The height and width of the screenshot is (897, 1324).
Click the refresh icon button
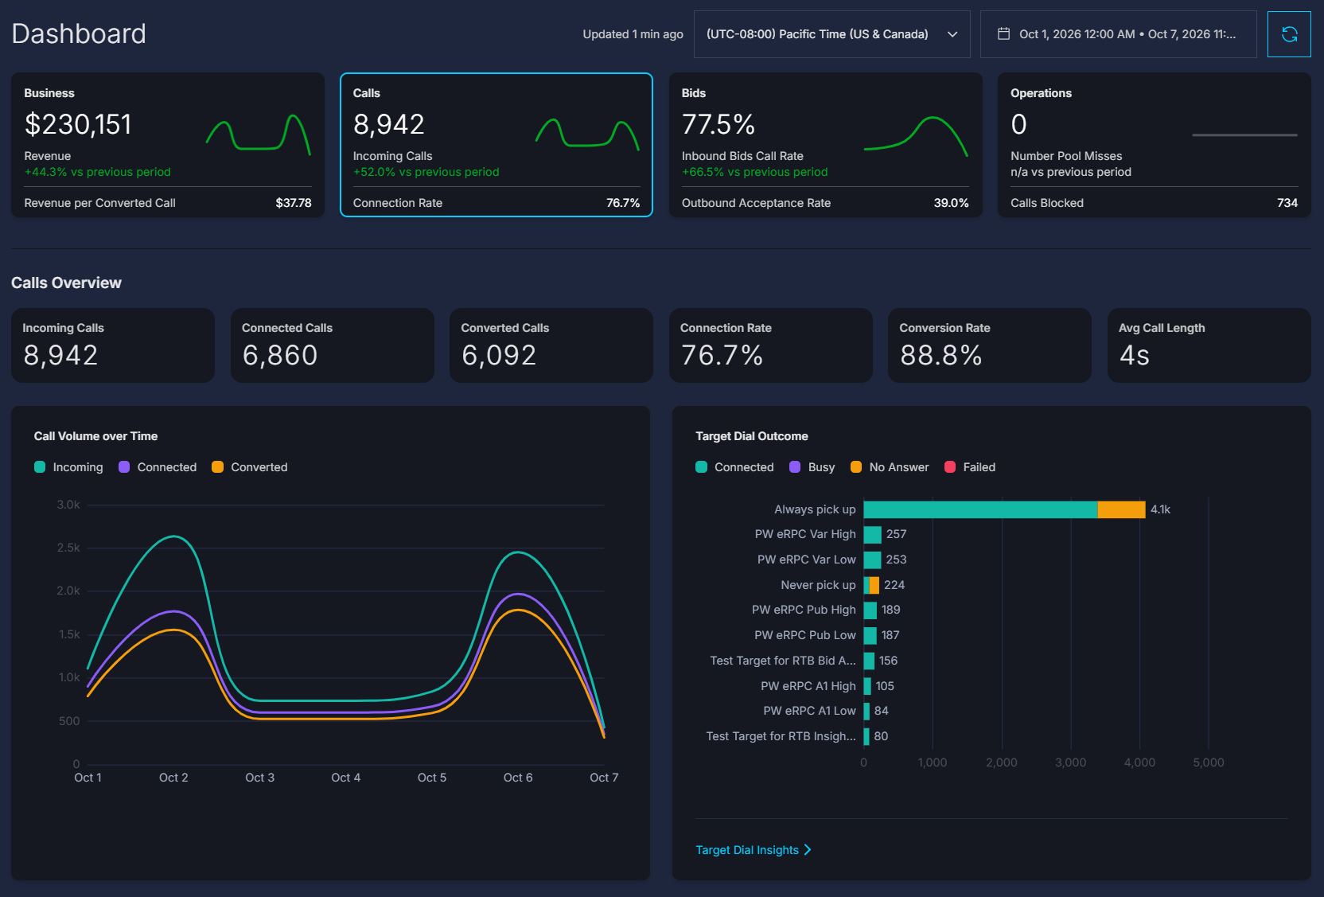tap(1289, 34)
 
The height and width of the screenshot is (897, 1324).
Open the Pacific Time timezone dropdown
tap(831, 34)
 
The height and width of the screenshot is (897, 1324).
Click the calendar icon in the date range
tap(1003, 33)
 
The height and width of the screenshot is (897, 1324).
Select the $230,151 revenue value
tap(78, 125)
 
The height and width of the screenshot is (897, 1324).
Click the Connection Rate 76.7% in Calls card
tap(623, 203)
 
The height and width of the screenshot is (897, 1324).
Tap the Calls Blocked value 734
tap(1287, 203)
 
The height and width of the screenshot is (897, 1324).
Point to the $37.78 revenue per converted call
tap(293, 203)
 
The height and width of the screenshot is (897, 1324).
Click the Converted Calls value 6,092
tap(499, 355)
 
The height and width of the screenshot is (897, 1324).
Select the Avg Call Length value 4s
tap(1135, 355)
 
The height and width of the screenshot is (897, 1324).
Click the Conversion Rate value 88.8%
tap(941, 355)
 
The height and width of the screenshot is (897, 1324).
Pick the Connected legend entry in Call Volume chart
tap(158, 467)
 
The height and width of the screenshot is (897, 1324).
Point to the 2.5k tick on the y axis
tap(68, 548)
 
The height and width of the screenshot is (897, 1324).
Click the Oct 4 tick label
tap(346, 778)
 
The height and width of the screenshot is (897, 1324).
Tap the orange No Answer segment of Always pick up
tap(1121, 509)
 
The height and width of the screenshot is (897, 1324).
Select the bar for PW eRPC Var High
tap(872, 535)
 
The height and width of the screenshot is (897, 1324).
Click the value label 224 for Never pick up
tap(894, 585)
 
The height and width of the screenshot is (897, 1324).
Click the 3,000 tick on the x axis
tap(1070, 762)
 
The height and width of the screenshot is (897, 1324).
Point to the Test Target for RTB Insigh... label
tap(781, 736)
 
